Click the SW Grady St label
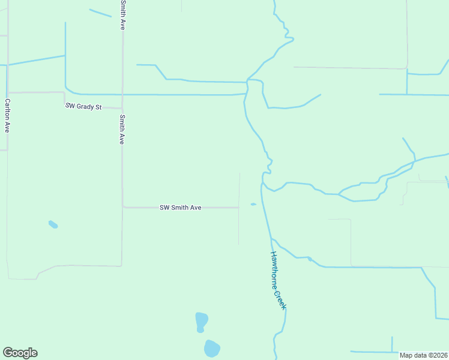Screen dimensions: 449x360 pos(84,106)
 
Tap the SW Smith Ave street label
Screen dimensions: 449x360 pos(180,208)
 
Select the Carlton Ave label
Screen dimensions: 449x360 pos(7,115)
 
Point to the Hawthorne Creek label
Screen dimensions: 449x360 pos(277,280)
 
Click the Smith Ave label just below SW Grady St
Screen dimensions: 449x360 pos(122,129)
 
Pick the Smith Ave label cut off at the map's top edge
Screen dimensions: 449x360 pos(122,15)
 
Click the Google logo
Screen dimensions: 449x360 pos(20,353)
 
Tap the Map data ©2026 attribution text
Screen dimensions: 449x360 pos(423,355)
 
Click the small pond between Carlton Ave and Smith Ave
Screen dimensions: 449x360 pos(53,224)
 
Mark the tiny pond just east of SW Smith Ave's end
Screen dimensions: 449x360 pos(253,205)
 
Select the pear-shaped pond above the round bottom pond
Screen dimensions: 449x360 pos(201,321)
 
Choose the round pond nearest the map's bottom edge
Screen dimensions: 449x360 pos(211,348)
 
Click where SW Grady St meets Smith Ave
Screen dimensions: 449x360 pos(122,108)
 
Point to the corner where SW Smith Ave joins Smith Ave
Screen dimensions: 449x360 pos(124,207)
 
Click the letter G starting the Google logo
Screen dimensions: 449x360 pos(8,353)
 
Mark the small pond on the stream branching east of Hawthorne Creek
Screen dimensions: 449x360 pos(310,259)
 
